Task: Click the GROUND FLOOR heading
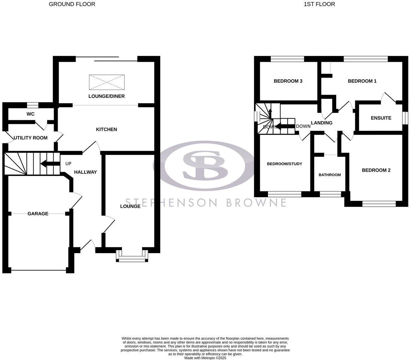(x=72, y=4)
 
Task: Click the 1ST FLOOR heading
(x=319, y=4)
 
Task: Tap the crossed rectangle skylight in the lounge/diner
(x=107, y=82)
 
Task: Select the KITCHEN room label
(x=106, y=130)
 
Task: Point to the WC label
(x=31, y=114)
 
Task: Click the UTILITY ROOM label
(x=30, y=138)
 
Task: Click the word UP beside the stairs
(x=68, y=164)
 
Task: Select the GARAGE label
(x=38, y=214)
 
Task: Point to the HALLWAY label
(x=86, y=172)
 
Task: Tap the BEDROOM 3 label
(x=288, y=81)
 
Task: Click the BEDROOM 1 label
(x=362, y=81)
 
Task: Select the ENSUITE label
(x=381, y=118)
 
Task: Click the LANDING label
(x=321, y=123)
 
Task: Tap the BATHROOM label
(x=330, y=175)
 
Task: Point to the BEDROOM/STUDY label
(x=285, y=164)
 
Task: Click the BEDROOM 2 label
(x=376, y=170)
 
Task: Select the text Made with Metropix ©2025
(x=205, y=358)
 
